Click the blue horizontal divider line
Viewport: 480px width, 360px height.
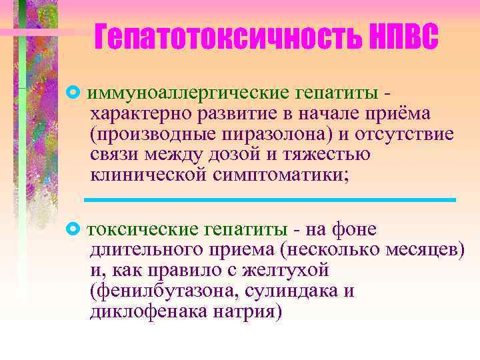(x=269, y=199)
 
